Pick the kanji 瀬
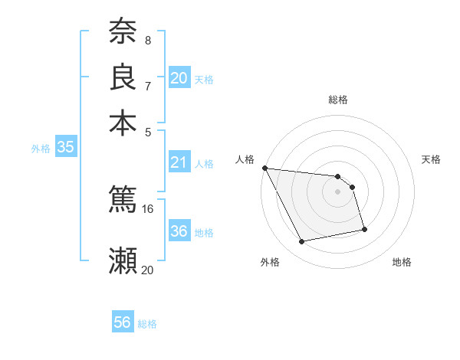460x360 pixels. [123, 260]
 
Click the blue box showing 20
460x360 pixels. [179, 77]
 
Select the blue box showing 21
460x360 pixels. [179, 162]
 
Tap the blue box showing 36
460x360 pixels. [179, 231]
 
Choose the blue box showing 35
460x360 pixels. [66, 148]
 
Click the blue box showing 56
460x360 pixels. [123, 322]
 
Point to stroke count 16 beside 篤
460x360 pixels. [148, 208]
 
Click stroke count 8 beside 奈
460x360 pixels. [147, 40]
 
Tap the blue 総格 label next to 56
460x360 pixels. [147, 324]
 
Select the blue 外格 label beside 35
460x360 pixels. [41, 149]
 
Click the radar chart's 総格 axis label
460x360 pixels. [338, 100]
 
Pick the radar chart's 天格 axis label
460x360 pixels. [431, 159]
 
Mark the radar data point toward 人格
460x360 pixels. [264, 168]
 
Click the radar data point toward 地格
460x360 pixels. [364, 229]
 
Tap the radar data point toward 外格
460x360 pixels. [302, 242]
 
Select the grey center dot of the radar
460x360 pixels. [338, 191]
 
